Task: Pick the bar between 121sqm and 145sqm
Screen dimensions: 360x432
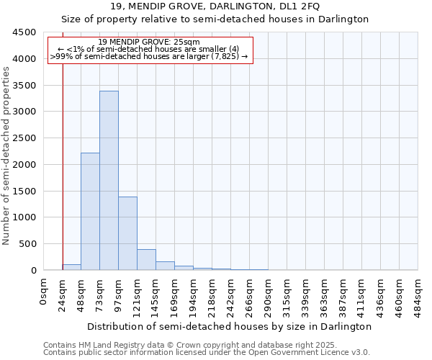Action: coord(146,260)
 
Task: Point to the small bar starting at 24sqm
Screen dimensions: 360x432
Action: coord(71,267)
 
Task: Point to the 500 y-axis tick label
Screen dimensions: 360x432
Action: coord(27,244)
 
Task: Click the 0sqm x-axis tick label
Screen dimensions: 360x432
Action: coord(45,291)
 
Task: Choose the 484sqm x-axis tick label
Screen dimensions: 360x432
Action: coord(418,295)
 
